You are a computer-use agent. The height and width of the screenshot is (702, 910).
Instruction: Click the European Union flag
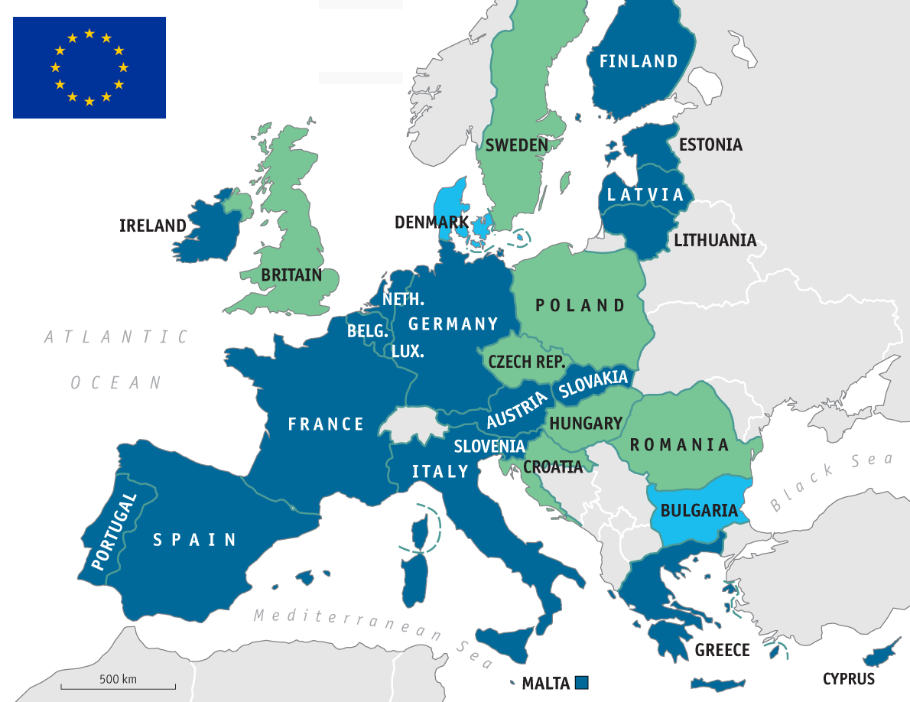tap(89, 67)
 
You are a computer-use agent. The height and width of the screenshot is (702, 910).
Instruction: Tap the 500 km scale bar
tap(119, 684)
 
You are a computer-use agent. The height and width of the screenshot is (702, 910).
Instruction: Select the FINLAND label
tap(639, 61)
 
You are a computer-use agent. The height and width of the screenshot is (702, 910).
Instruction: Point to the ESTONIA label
tap(710, 145)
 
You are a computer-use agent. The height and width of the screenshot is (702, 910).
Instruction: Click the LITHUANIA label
tap(715, 241)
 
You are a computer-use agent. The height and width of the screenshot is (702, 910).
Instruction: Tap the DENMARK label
tap(431, 223)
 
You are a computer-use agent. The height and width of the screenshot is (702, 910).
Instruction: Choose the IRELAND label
tap(153, 226)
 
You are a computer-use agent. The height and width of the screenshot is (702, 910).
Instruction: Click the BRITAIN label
tap(291, 275)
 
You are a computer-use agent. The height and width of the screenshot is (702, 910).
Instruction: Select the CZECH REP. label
tap(526, 362)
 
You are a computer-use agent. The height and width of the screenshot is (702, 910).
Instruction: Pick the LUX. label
tap(408, 352)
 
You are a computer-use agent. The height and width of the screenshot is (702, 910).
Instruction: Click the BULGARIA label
tap(699, 510)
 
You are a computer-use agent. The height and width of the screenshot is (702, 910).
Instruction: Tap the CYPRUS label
tap(849, 678)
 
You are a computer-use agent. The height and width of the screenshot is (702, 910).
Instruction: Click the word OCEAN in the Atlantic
tap(116, 382)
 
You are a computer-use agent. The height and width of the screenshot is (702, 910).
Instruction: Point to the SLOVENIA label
tap(489, 447)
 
